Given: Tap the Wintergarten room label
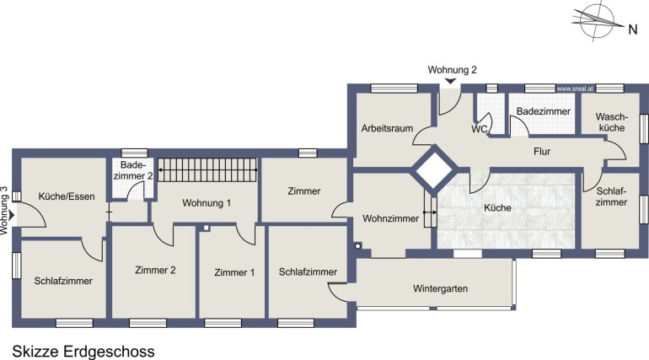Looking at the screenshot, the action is click(440, 288).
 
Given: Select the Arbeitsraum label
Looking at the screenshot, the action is click(387, 128).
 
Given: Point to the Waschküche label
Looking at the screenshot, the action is click(612, 122).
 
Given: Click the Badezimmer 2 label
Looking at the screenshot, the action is click(133, 170).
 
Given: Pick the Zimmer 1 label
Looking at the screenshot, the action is click(234, 272).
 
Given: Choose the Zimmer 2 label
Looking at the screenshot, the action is click(155, 270).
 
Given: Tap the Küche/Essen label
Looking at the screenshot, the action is click(67, 196).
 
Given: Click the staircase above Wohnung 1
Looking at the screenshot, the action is click(208, 169).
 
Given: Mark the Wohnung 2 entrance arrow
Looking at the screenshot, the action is click(450, 81).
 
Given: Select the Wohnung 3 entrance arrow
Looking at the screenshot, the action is click(12, 215).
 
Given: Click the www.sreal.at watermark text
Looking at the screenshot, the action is click(576, 89).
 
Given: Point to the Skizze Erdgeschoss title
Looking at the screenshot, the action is click(83, 352).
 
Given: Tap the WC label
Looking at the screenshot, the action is click(480, 129).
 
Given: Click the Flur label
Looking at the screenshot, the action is click(542, 152).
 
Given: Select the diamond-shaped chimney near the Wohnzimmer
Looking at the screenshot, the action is click(435, 169).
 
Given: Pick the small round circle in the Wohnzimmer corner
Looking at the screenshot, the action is click(357, 246).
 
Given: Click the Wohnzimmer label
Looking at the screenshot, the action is click(391, 218).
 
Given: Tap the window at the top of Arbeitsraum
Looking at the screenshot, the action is click(394, 89).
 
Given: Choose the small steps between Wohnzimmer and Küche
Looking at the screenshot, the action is click(431, 212).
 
